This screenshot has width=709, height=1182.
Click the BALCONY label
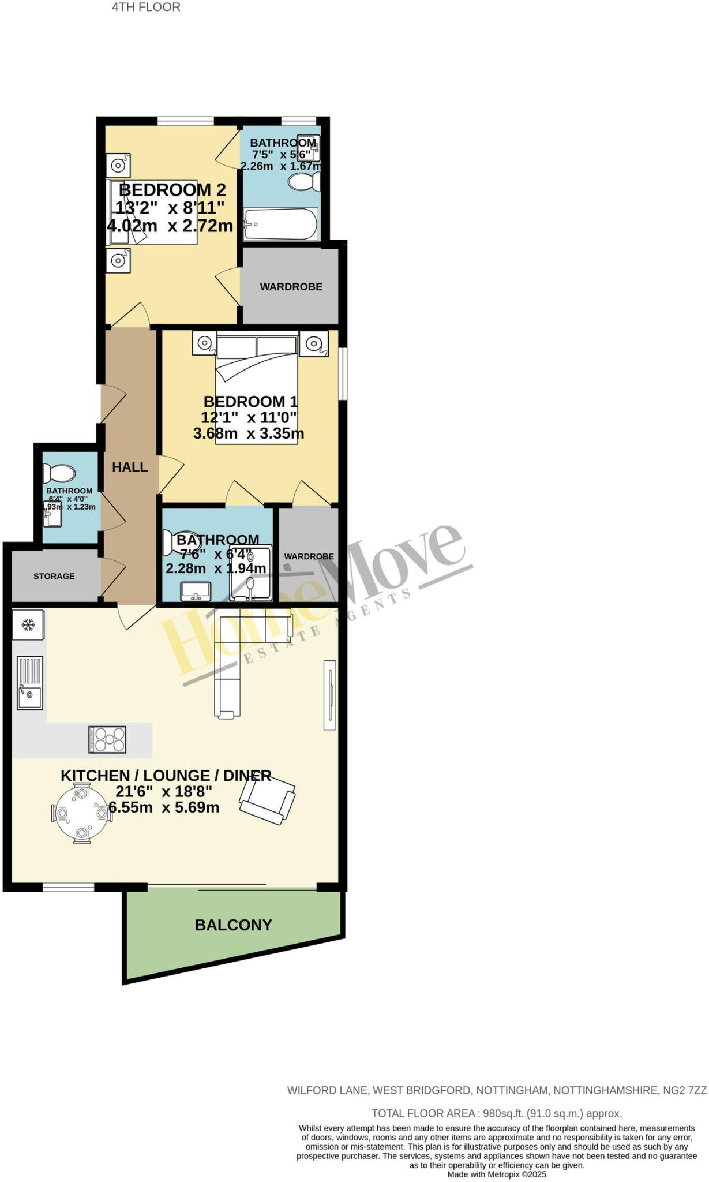coord(233,925)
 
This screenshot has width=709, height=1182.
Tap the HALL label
coord(130,467)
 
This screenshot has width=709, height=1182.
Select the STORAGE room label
coord(54,576)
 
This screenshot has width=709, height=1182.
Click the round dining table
coord(81,814)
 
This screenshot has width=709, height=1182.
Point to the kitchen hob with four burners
coord(107,739)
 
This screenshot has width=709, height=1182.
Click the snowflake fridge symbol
coord(28,624)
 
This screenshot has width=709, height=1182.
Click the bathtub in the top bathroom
coord(280,224)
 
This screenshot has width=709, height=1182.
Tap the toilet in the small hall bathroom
coord(59,474)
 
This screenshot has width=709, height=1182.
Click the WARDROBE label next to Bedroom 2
coord(291,287)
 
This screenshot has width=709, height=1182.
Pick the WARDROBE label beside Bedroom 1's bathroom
coord(309,556)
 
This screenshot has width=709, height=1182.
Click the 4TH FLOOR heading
coord(146,8)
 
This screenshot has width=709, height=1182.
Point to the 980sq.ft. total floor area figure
coord(502,1113)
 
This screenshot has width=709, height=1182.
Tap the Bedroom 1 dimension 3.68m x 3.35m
coord(249,433)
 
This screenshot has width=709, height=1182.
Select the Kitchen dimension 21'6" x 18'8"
coord(164,791)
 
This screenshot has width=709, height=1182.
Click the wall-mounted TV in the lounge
coord(329,695)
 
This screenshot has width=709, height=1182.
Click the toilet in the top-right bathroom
coord(304,182)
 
